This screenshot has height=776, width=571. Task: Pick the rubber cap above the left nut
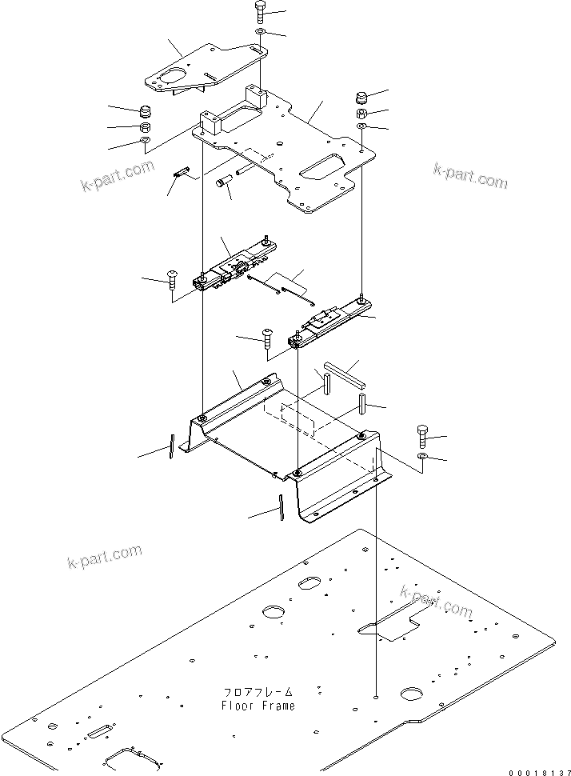pos(146,110)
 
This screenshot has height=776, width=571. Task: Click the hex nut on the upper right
pos(361,114)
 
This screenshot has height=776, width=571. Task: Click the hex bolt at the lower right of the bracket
pos(422,436)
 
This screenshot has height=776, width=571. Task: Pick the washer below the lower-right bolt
pos(422,457)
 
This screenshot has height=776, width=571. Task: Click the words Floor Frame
pos(258,705)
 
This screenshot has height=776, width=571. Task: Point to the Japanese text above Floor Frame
pos(258,691)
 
